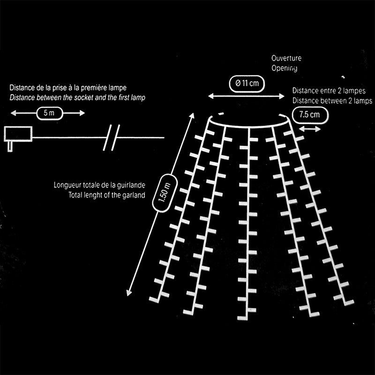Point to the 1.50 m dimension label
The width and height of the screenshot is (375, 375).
pyautogui.click(x=165, y=193)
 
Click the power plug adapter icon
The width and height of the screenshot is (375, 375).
pyautogui.click(x=17, y=136)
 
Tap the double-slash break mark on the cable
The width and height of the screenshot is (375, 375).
pyautogui.click(x=112, y=137)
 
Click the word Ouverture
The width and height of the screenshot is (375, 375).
pyautogui.click(x=286, y=59)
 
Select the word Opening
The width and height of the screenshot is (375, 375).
pyautogui.click(x=285, y=68)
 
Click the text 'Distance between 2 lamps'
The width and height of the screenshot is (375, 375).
pyautogui.click(x=332, y=101)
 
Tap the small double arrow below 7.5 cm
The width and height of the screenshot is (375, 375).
pyautogui.click(x=309, y=129)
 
